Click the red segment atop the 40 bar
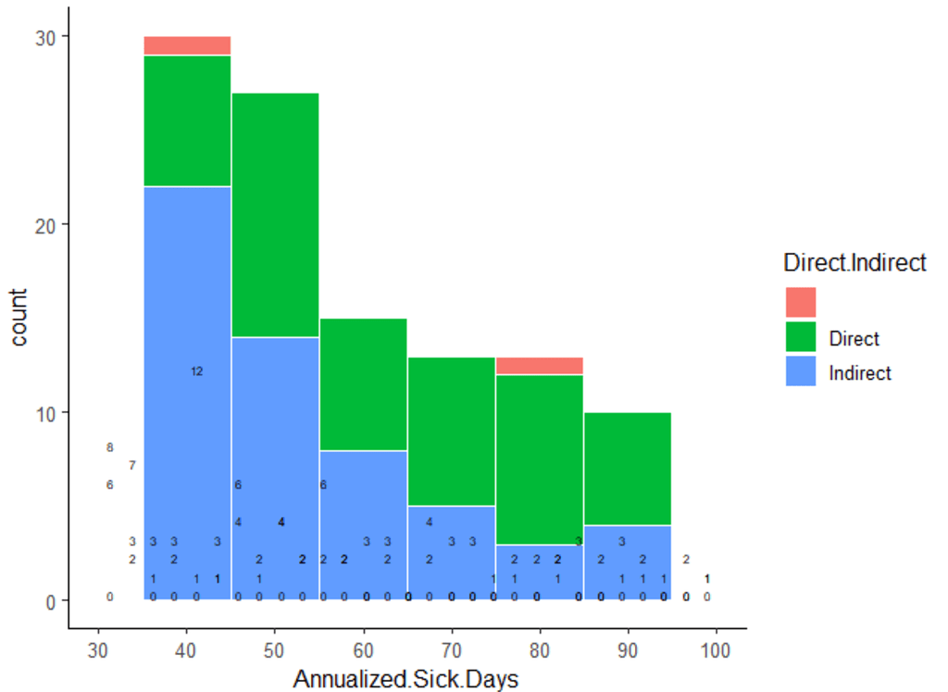click(187, 45)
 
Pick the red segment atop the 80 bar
click(539, 366)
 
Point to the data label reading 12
click(196, 371)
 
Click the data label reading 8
click(109, 447)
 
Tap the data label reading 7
click(131, 465)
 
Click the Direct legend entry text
click(854, 338)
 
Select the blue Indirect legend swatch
click(801, 372)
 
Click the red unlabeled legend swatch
click(801, 302)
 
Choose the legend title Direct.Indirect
click(854, 263)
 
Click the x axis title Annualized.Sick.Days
click(405, 678)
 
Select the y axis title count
click(19, 317)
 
